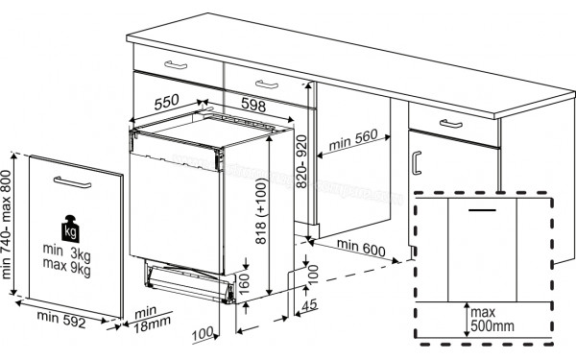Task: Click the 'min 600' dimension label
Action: pos(363,250)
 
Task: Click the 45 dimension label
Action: pos(306,306)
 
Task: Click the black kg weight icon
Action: pos(69,230)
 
